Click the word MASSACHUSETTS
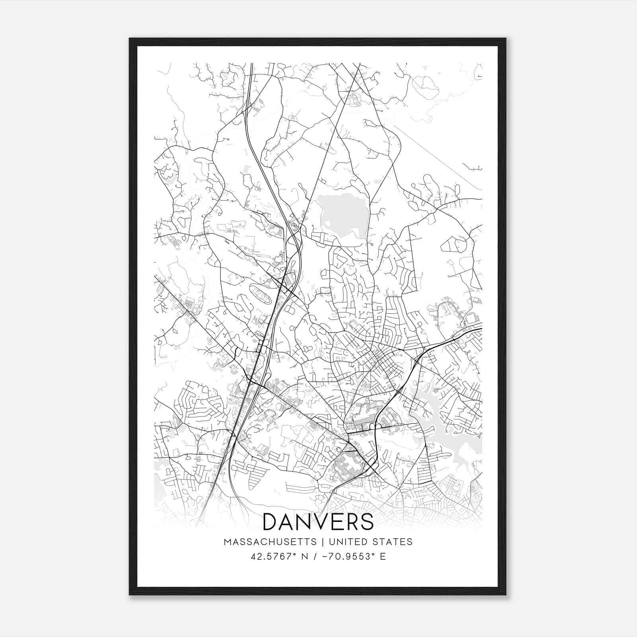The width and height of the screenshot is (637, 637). [x=270, y=542]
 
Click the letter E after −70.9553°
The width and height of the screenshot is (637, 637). [x=383, y=556]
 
